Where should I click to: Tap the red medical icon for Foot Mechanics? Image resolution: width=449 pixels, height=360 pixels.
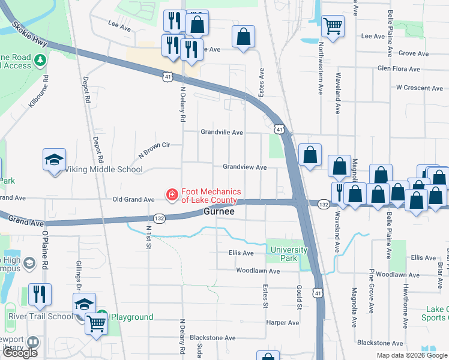coord(171,194)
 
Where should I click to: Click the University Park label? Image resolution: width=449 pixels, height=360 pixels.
coord(289,254)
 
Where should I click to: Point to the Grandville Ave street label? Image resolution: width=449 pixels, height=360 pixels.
coord(221,132)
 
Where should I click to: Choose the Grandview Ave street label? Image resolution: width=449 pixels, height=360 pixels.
coord(244,167)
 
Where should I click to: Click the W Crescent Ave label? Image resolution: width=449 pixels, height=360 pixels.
coord(419,88)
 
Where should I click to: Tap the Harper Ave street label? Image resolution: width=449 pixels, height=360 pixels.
coord(282,323)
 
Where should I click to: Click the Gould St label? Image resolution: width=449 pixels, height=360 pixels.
coord(298,298)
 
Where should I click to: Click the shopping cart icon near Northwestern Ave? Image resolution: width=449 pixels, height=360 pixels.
coord(333,26)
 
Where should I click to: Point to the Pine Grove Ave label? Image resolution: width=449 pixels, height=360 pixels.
coord(372,292)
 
